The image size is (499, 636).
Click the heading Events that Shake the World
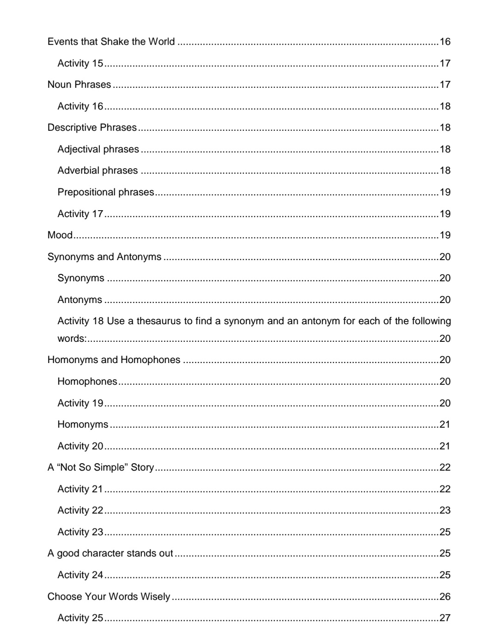click(x=111, y=42)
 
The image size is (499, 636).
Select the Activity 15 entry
click(x=80, y=63)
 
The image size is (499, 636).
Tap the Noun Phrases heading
click(x=79, y=85)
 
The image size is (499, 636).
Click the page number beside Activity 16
click(x=445, y=106)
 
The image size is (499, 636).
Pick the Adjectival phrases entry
click(x=98, y=149)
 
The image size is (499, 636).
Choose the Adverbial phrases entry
click(x=97, y=170)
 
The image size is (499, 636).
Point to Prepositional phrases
click(x=105, y=192)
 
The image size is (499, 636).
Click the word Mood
click(x=60, y=235)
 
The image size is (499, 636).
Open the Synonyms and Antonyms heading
click(x=104, y=257)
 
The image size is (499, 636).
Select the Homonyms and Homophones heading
click(x=114, y=360)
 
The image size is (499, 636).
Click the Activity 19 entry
click(x=80, y=403)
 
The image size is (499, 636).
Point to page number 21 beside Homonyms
click(x=445, y=424)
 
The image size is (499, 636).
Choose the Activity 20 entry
click(x=80, y=446)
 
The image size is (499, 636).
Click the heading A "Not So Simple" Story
click(x=101, y=467)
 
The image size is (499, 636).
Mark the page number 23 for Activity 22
click(x=445, y=510)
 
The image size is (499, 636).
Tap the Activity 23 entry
click(x=80, y=532)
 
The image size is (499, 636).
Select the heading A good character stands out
click(x=110, y=553)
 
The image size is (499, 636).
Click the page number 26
click(x=445, y=597)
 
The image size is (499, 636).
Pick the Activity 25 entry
click(x=80, y=618)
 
